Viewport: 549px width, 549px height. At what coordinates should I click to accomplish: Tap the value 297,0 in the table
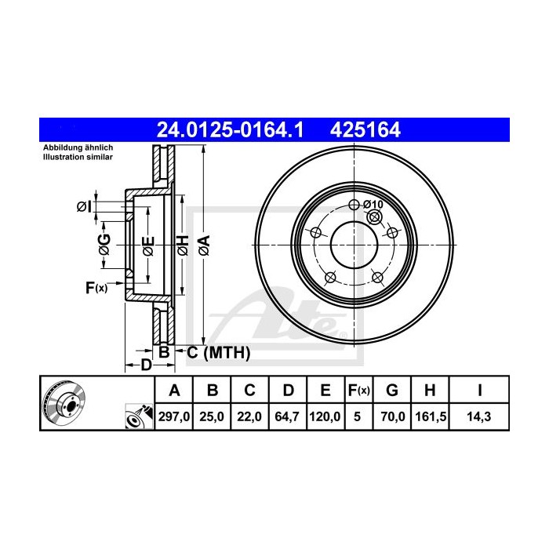175,417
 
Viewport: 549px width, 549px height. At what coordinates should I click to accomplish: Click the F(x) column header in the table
358,390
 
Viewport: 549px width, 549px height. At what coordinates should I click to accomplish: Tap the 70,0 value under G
394,417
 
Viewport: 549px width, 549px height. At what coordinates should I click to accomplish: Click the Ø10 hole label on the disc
373,205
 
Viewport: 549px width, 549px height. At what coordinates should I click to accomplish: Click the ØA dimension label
203,245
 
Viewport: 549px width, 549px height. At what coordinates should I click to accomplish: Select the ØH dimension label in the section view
182,245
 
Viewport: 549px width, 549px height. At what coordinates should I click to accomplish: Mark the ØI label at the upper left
84,206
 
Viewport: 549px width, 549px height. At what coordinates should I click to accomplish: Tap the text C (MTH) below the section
218,354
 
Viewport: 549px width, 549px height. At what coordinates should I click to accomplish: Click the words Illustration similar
78,157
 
